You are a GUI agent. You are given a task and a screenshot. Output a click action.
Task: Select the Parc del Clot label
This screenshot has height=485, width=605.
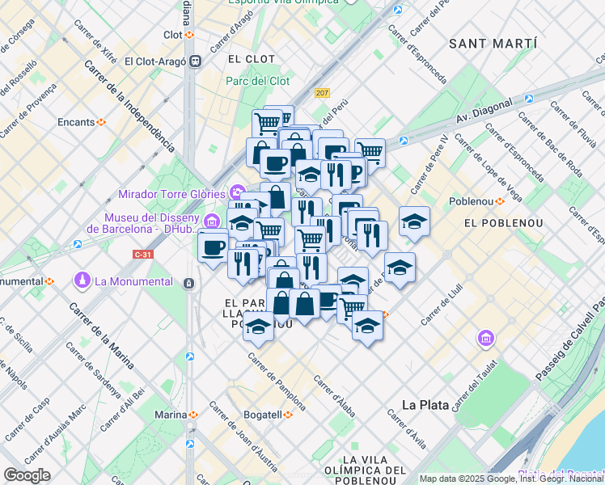point(258,81)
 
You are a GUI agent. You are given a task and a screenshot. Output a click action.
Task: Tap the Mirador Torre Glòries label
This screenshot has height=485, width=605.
point(173,193)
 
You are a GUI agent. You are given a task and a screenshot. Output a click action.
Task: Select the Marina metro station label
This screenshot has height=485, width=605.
point(171,415)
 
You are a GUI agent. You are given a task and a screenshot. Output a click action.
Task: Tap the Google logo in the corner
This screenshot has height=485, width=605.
point(27,474)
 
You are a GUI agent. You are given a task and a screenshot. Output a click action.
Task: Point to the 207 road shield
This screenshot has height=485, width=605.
point(323,94)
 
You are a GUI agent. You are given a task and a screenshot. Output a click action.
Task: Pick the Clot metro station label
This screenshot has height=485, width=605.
point(173,35)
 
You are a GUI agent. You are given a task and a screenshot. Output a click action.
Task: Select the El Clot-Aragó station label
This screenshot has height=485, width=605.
point(156,61)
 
